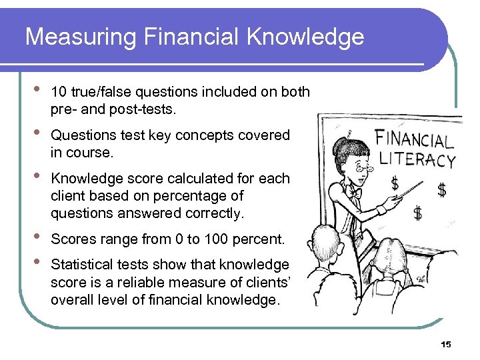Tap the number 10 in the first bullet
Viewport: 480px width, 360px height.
(x=58, y=92)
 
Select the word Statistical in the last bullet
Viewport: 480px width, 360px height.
(x=80, y=265)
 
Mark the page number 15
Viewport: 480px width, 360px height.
(x=446, y=345)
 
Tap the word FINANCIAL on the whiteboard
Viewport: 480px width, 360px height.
(x=415, y=141)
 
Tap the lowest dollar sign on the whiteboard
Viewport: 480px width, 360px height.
(x=417, y=213)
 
